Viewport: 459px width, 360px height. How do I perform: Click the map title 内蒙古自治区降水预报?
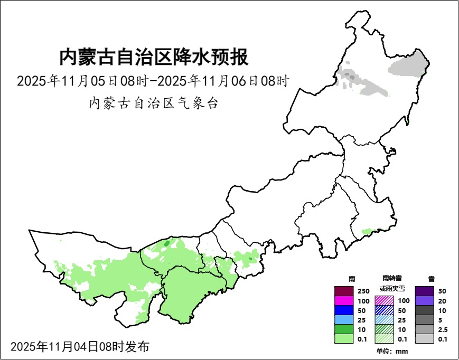[x=153, y=57]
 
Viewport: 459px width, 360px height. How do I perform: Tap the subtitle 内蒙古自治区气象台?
[x=153, y=103]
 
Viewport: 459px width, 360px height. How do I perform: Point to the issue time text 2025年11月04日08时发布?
[x=80, y=347]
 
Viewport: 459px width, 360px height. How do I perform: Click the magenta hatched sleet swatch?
[x=384, y=301]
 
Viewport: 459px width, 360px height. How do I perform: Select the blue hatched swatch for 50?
[x=384, y=310]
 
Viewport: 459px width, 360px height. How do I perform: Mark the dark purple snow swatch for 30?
[x=424, y=291]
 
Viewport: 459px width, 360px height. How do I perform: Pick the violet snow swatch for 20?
[x=424, y=301]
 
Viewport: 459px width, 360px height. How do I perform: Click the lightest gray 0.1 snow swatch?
[x=424, y=339]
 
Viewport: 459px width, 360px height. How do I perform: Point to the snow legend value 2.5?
[x=443, y=329]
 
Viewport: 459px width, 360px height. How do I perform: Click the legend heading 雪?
[x=431, y=278]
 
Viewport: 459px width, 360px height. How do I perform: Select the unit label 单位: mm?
[x=392, y=352]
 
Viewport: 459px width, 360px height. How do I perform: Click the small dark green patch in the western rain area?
[x=166, y=244]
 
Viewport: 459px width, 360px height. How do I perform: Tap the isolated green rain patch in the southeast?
[x=366, y=231]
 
